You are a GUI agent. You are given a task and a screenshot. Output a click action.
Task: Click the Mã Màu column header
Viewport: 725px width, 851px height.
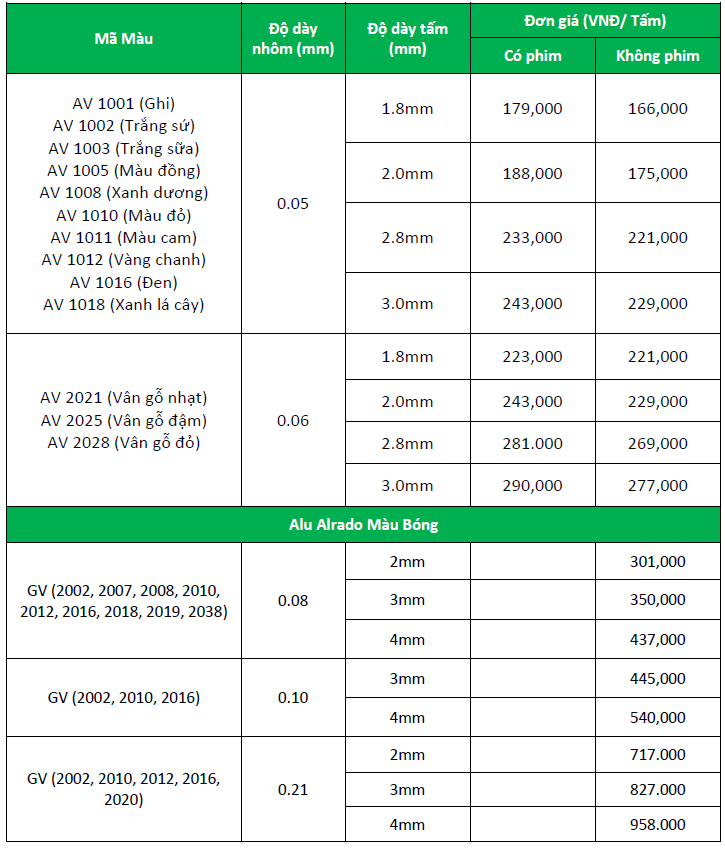tap(124, 39)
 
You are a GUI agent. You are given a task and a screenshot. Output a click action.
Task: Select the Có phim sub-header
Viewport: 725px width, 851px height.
tap(532, 56)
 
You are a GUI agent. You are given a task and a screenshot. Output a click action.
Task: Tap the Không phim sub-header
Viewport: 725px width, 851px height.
tap(658, 56)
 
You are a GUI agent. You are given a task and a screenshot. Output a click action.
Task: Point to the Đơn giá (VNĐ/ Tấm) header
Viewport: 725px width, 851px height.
tap(595, 21)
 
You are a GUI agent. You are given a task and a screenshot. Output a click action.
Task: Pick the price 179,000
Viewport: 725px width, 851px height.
tap(532, 108)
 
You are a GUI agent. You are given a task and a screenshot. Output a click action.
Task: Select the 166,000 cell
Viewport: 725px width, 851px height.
tap(658, 108)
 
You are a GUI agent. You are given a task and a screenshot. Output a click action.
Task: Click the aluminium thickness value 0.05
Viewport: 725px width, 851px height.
tap(293, 204)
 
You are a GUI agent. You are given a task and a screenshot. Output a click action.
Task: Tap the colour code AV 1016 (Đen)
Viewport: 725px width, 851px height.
tap(124, 282)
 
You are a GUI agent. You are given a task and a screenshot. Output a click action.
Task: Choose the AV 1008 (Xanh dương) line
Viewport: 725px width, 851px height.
tap(124, 192)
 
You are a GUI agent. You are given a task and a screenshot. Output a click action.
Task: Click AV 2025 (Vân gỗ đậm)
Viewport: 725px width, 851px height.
tap(124, 420)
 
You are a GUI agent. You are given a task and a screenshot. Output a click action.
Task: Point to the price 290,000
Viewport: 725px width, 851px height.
tap(532, 485)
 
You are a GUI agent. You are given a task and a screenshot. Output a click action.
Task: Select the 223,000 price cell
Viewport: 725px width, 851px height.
tap(532, 357)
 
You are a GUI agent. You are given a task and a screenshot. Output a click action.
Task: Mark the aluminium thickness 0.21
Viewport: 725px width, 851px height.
tap(293, 790)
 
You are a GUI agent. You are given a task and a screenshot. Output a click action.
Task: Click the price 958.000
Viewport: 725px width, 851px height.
tap(658, 824)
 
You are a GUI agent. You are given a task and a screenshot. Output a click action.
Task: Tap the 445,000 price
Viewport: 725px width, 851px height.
tap(658, 679)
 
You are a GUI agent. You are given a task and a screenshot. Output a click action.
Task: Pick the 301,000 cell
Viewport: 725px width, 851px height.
tap(658, 562)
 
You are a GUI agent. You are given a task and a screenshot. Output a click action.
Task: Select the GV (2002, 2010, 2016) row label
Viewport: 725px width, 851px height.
tap(124, 698)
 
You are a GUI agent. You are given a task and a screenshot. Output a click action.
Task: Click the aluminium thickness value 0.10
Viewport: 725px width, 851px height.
tap(293, 698)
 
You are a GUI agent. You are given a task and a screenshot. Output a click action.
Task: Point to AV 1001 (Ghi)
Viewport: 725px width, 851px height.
tap(124, 102)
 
